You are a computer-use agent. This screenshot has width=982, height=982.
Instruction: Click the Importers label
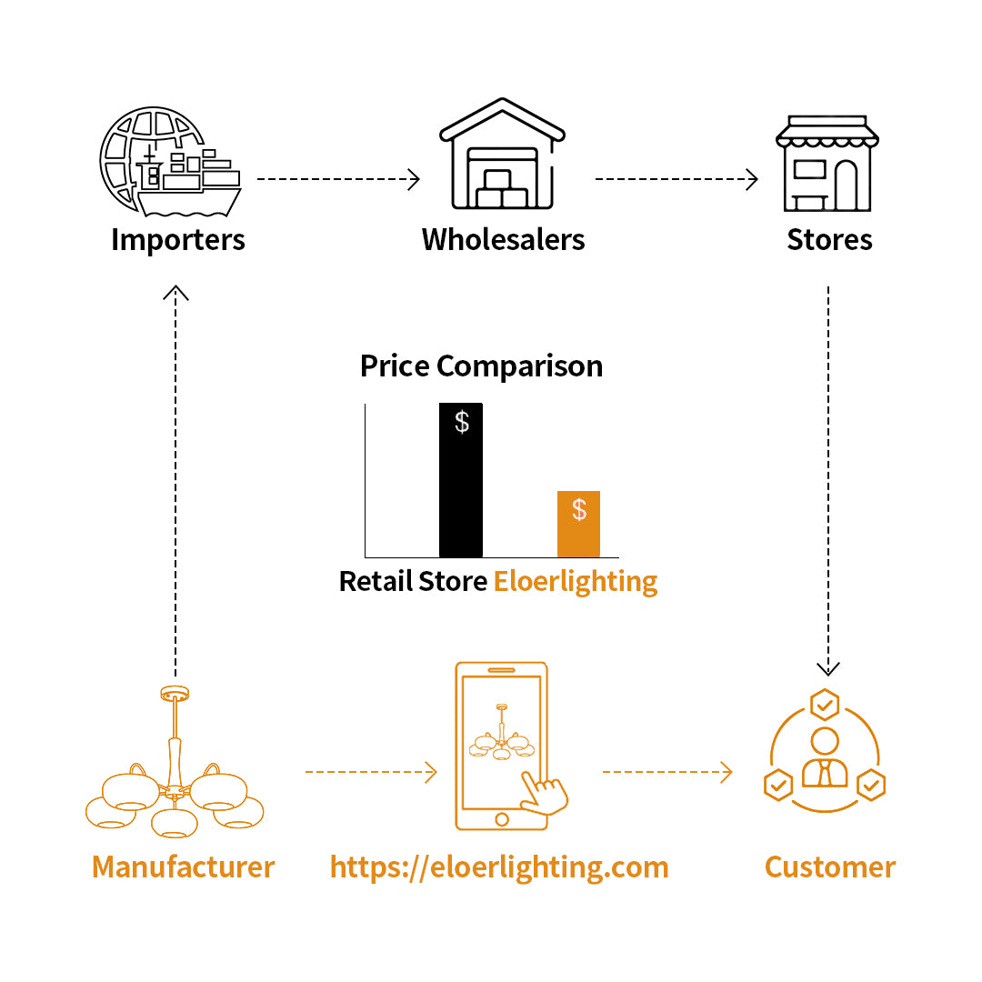coord(178,240)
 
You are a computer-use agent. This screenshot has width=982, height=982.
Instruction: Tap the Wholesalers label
coord(503,240)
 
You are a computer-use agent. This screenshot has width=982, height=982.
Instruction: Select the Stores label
coord(829,240)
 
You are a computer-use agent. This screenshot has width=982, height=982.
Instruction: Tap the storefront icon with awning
coord(827,164)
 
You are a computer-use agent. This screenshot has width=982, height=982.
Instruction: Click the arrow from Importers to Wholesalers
coord(338,180)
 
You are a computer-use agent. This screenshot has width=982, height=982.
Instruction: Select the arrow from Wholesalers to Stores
coord(676,180)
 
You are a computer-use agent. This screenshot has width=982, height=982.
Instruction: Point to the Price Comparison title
coord(481,366)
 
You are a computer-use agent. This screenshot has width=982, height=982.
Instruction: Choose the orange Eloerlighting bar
coord(578,525)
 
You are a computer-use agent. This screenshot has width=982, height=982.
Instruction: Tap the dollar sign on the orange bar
coord(579,510)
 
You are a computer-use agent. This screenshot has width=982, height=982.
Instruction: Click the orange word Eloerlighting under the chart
coord(576,581)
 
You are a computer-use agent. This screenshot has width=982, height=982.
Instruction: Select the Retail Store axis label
coord(413,581)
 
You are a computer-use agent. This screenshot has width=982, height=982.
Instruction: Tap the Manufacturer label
coord(183,867)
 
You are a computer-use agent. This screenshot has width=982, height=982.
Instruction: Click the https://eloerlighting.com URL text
coord(499,867)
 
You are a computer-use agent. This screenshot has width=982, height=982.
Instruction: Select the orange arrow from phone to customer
coord(666,773)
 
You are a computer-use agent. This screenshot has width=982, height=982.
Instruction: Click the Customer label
coord(829,867)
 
